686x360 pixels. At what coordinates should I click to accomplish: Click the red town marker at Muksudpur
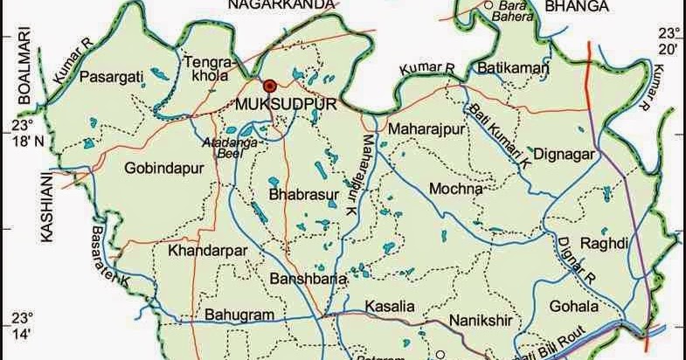point(270,86)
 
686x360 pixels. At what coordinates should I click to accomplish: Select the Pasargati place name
point(111,78)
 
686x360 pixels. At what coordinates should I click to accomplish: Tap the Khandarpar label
point(202,250)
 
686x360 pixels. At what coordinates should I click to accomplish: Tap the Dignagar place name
point(564,155)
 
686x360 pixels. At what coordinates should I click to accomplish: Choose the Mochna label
point(456,189)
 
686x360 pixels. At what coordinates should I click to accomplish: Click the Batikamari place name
point(514,68)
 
